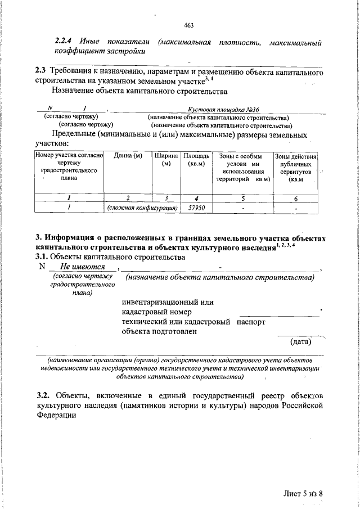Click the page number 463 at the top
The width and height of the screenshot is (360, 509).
188,25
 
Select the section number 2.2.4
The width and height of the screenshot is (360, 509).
65,42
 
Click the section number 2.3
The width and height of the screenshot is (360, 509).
40,71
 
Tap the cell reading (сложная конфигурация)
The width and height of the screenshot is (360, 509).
143,208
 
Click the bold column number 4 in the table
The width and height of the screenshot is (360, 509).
196,197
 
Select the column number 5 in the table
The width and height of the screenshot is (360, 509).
243,197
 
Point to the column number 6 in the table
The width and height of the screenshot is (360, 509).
295,198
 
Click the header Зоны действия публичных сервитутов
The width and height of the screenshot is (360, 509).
295,167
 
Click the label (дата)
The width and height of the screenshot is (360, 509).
301,341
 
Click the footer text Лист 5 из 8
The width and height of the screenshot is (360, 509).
304,494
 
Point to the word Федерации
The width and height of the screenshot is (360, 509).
55,415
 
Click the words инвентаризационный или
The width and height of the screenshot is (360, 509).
168,302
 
